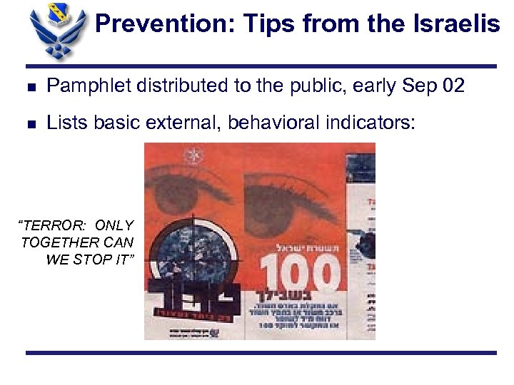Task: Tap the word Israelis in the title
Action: click(458, 24)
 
